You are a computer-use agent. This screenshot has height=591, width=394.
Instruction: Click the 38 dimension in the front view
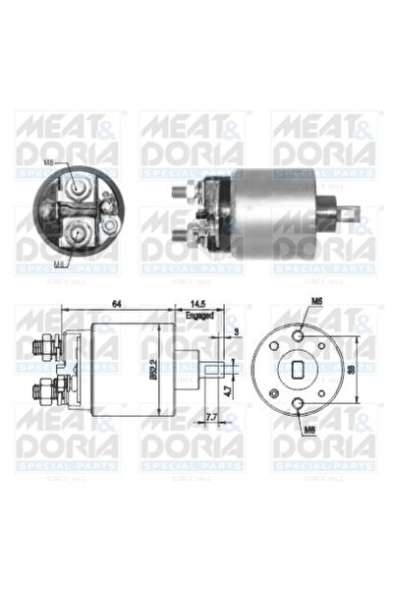378,369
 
